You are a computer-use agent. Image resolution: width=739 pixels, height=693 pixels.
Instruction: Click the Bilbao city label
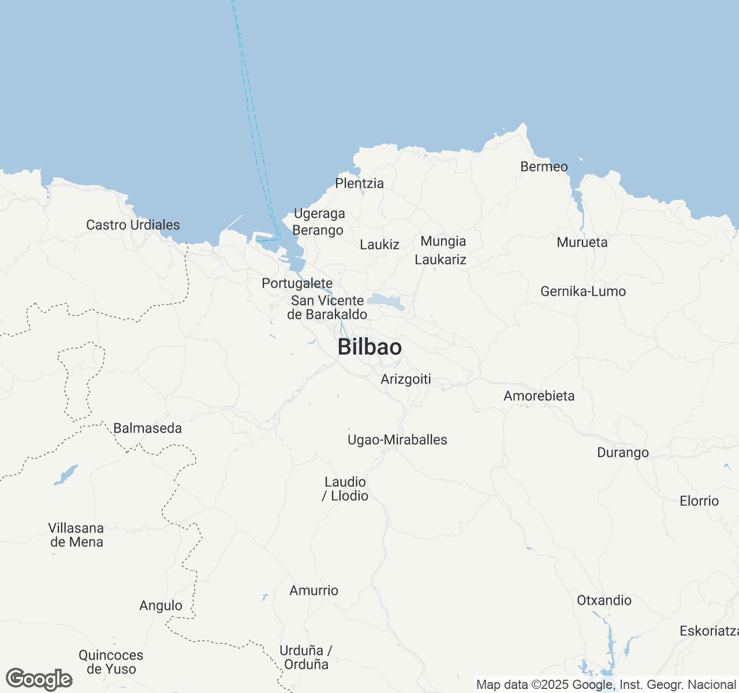369,347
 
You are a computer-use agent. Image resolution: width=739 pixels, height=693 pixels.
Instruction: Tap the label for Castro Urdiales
133,225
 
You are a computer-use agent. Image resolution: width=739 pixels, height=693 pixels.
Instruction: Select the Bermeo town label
544,166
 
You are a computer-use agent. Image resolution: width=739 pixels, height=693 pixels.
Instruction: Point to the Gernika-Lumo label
583,291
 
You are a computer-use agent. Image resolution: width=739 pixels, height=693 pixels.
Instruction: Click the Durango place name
623,452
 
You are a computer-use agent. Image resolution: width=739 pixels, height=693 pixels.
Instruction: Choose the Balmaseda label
147,428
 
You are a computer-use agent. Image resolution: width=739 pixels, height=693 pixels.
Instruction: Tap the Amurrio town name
313,590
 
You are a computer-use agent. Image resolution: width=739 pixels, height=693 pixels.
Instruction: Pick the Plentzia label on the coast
359,183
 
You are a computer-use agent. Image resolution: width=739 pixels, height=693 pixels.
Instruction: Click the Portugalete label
297,283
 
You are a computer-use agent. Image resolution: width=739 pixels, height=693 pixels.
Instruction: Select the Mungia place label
443,241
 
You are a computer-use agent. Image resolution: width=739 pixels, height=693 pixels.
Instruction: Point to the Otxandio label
604,600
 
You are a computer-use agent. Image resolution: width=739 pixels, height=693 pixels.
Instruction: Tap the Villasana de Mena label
76,535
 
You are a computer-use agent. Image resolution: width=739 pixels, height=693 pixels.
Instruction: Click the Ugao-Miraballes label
397,439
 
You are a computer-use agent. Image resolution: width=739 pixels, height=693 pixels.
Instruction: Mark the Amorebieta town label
539,396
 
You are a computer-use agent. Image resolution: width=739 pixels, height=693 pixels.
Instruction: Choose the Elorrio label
699,501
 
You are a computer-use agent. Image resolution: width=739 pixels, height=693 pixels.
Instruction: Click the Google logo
39,680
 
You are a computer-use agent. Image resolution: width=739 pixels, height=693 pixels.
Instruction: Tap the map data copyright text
606,685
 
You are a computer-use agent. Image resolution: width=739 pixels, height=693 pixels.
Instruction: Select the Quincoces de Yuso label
111,662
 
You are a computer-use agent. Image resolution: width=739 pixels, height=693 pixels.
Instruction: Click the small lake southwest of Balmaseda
66,475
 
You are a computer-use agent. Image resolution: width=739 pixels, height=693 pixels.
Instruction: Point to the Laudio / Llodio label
346,489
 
